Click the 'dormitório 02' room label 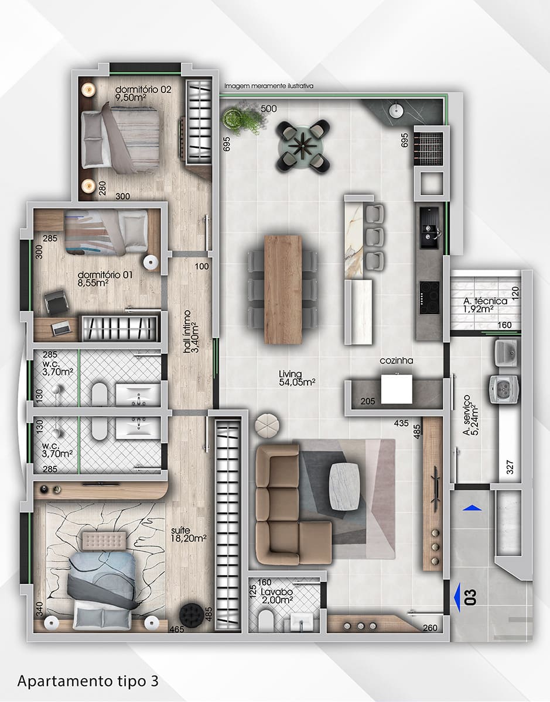click(143, 89)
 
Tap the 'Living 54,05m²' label click(297, 378)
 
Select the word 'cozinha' click(397, 360)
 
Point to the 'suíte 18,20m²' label click(189, 534)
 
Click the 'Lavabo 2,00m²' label click(277, 596)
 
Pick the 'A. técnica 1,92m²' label click(485, 305)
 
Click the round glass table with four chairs click(303, 146)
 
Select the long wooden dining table click(283, 290)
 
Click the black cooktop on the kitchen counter click(429, 298)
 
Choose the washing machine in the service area click(503, 389)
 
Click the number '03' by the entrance click(470, 597)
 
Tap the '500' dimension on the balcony click(269, 109)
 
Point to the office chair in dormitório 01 click(56, 302)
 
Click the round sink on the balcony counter click(397, 111)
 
